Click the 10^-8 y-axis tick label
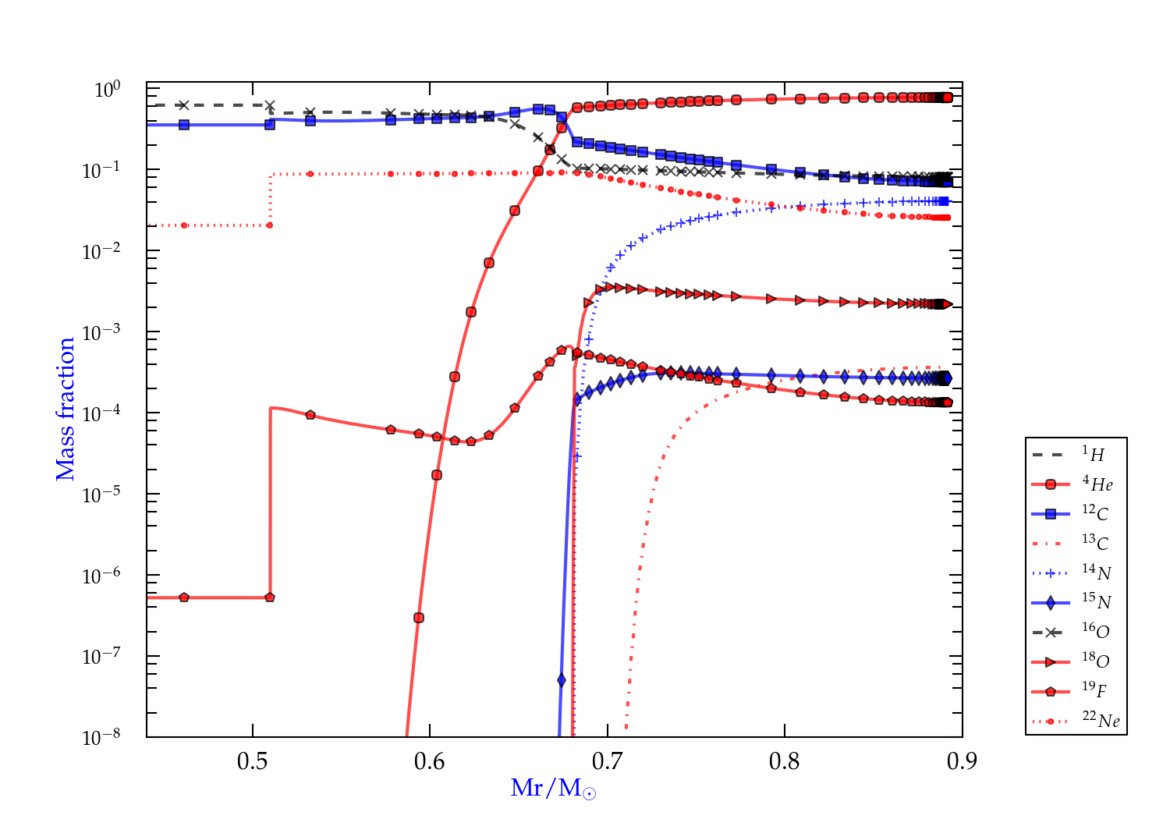[101, 736]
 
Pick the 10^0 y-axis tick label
[107, 89]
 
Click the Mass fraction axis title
[66, 409]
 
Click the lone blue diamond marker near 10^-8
[562, 680]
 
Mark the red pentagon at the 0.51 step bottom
[270, 597]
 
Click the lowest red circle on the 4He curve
[419, 618]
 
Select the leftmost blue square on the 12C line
[184, 125]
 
